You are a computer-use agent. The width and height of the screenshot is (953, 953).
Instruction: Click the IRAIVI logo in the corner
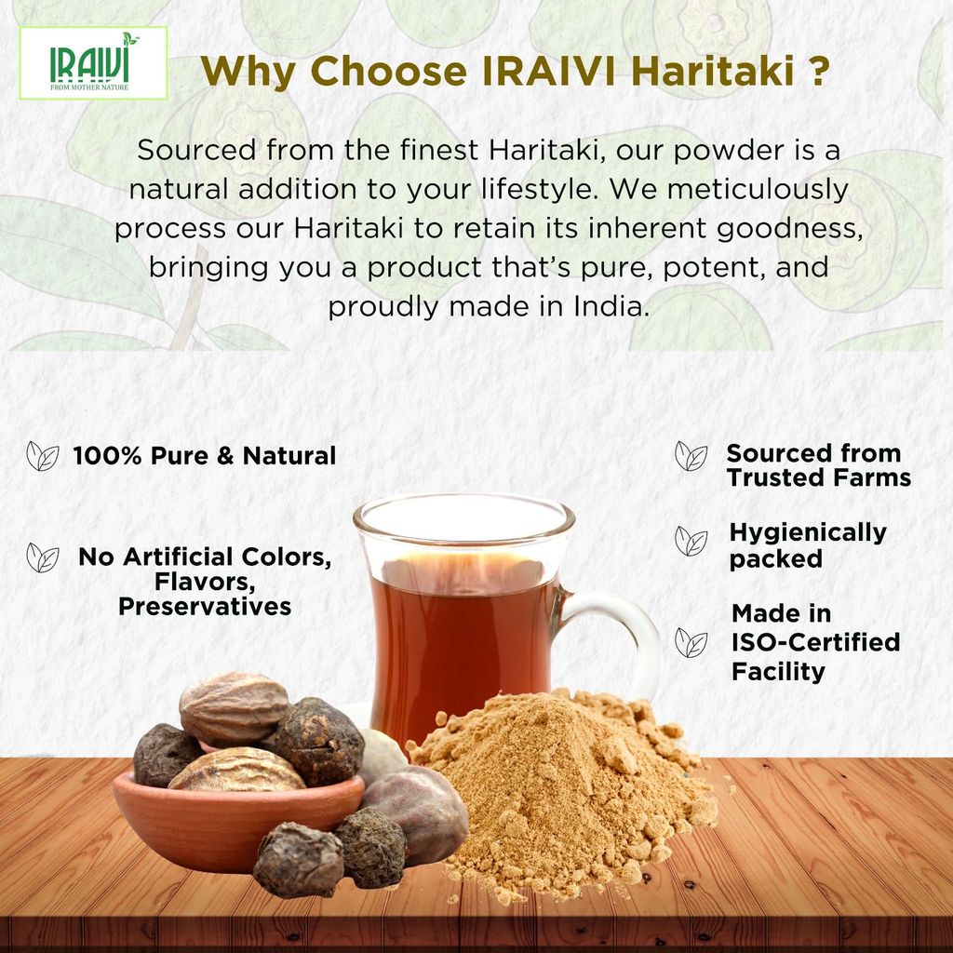93,62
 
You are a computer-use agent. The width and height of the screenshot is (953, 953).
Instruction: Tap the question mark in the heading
819,71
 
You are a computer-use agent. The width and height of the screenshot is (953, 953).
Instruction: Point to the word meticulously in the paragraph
758,189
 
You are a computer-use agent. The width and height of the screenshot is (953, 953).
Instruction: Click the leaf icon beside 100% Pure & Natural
43,456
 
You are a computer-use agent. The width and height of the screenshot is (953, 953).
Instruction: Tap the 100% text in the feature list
108,455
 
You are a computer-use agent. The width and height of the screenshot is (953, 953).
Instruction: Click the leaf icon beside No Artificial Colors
43,557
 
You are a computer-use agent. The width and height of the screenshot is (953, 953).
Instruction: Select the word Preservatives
205,607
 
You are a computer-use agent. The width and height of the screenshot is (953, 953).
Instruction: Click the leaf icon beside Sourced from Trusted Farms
691,456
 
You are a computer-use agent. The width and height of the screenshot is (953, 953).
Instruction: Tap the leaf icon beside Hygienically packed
691,541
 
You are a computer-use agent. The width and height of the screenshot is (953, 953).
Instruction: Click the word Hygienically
808,533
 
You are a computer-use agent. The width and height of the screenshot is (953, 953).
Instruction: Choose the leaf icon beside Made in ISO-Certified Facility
691,642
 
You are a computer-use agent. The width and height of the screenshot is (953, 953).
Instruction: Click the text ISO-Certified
815,642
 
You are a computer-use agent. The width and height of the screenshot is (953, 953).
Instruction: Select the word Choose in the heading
388,71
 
